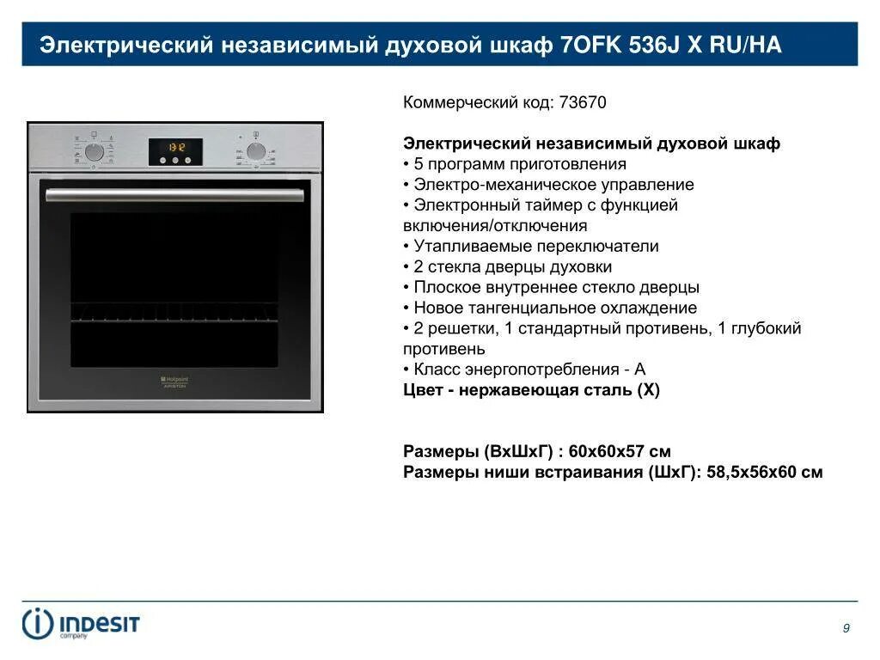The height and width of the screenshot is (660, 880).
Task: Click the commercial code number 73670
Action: pos(583,102)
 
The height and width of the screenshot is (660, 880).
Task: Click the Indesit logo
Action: pos(81,623)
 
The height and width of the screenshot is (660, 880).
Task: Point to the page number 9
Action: pos(846,628)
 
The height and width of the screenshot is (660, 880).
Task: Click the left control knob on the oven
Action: pos(95,152)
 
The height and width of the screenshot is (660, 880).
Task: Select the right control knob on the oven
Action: pos(255,152)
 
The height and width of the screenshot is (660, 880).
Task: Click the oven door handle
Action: pos(175,194)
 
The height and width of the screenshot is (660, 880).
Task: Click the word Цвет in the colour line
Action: pos(424,389)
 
